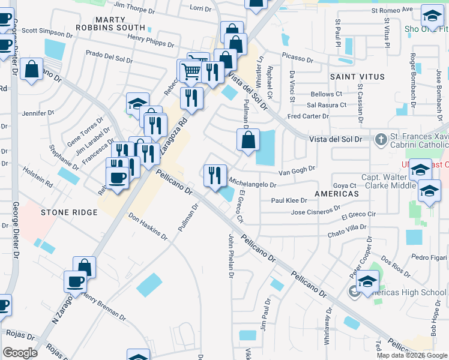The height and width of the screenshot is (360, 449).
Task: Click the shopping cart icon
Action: click(191, 71)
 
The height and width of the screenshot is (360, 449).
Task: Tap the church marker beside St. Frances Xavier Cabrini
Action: click(380, 139)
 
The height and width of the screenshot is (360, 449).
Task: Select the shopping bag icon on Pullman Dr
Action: click(247, 141)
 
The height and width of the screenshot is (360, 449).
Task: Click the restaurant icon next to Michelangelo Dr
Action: click(215, 175)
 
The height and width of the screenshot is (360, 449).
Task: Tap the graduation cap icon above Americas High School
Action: click(367, 281)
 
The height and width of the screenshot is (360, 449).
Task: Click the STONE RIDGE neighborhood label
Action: click(69, 212)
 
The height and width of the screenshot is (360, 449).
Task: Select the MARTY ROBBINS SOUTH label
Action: click(111, 23)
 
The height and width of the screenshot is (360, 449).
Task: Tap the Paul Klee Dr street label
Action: click(289, 201)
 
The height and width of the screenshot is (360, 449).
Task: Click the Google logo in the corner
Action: click(20, 353)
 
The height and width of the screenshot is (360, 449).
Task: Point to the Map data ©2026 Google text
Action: click(411, 355)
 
